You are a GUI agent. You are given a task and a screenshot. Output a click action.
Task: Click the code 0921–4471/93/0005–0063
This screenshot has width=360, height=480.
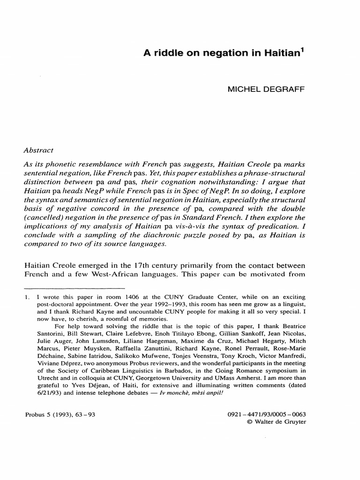[267, 415]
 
